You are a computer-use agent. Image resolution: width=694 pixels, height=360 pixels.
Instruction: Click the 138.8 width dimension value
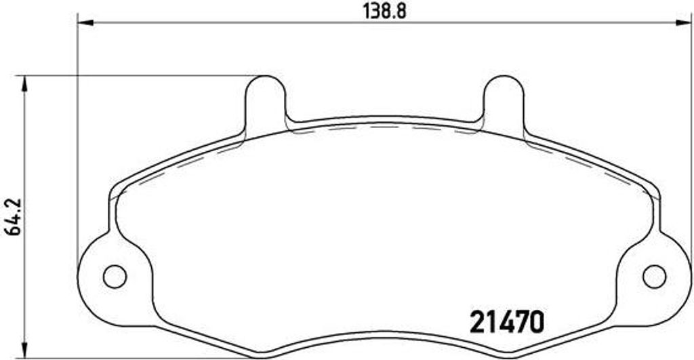point(385,11)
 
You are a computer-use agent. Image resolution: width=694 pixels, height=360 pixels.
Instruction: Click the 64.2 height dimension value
point(14,216)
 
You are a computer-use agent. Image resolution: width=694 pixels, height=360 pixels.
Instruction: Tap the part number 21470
point(507,322)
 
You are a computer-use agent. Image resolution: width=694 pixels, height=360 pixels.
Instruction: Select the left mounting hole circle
point(115,277)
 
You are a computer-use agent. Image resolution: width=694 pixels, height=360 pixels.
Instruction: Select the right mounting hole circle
point(654,277)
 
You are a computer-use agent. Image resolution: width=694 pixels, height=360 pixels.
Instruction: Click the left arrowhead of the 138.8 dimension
point(85,22)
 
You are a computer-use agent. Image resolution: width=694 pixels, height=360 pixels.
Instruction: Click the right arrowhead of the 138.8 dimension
point(683,22)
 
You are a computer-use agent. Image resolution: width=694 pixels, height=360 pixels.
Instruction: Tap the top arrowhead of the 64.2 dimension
point(25,83)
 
